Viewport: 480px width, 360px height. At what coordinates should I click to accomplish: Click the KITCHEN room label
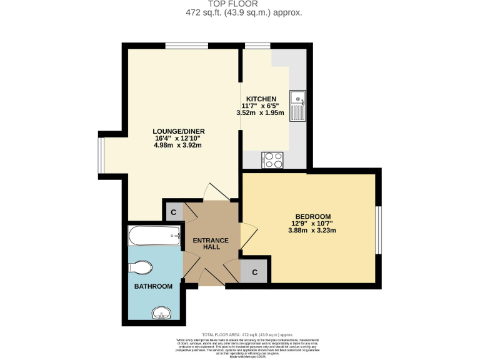(x=261, y=99)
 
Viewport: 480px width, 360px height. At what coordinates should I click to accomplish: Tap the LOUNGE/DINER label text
(x=179, y=131)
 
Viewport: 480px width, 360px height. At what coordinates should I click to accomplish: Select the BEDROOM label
(x=312, y=217)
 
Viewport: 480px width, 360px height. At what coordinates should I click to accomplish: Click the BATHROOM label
(x=153, y=286)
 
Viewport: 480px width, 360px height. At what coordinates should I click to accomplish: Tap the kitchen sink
(x=297, y=104)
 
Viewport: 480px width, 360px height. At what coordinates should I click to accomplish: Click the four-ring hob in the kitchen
(x=273, y=160)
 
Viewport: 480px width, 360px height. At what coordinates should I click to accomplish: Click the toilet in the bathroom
(x=140, y=268)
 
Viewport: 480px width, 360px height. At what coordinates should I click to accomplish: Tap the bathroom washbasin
(x=162, y=312)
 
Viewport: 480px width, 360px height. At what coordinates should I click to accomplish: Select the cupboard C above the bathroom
(x=173, y=212)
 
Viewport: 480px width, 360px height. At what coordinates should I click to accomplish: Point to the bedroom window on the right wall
(x=378, y=229)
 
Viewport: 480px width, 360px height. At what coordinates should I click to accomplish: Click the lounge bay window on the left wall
(x=101, y=154)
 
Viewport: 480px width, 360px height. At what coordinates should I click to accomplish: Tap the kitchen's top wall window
(x=256, y=46)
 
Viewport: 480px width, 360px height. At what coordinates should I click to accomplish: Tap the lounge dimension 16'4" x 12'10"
(x=179, y=138)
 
